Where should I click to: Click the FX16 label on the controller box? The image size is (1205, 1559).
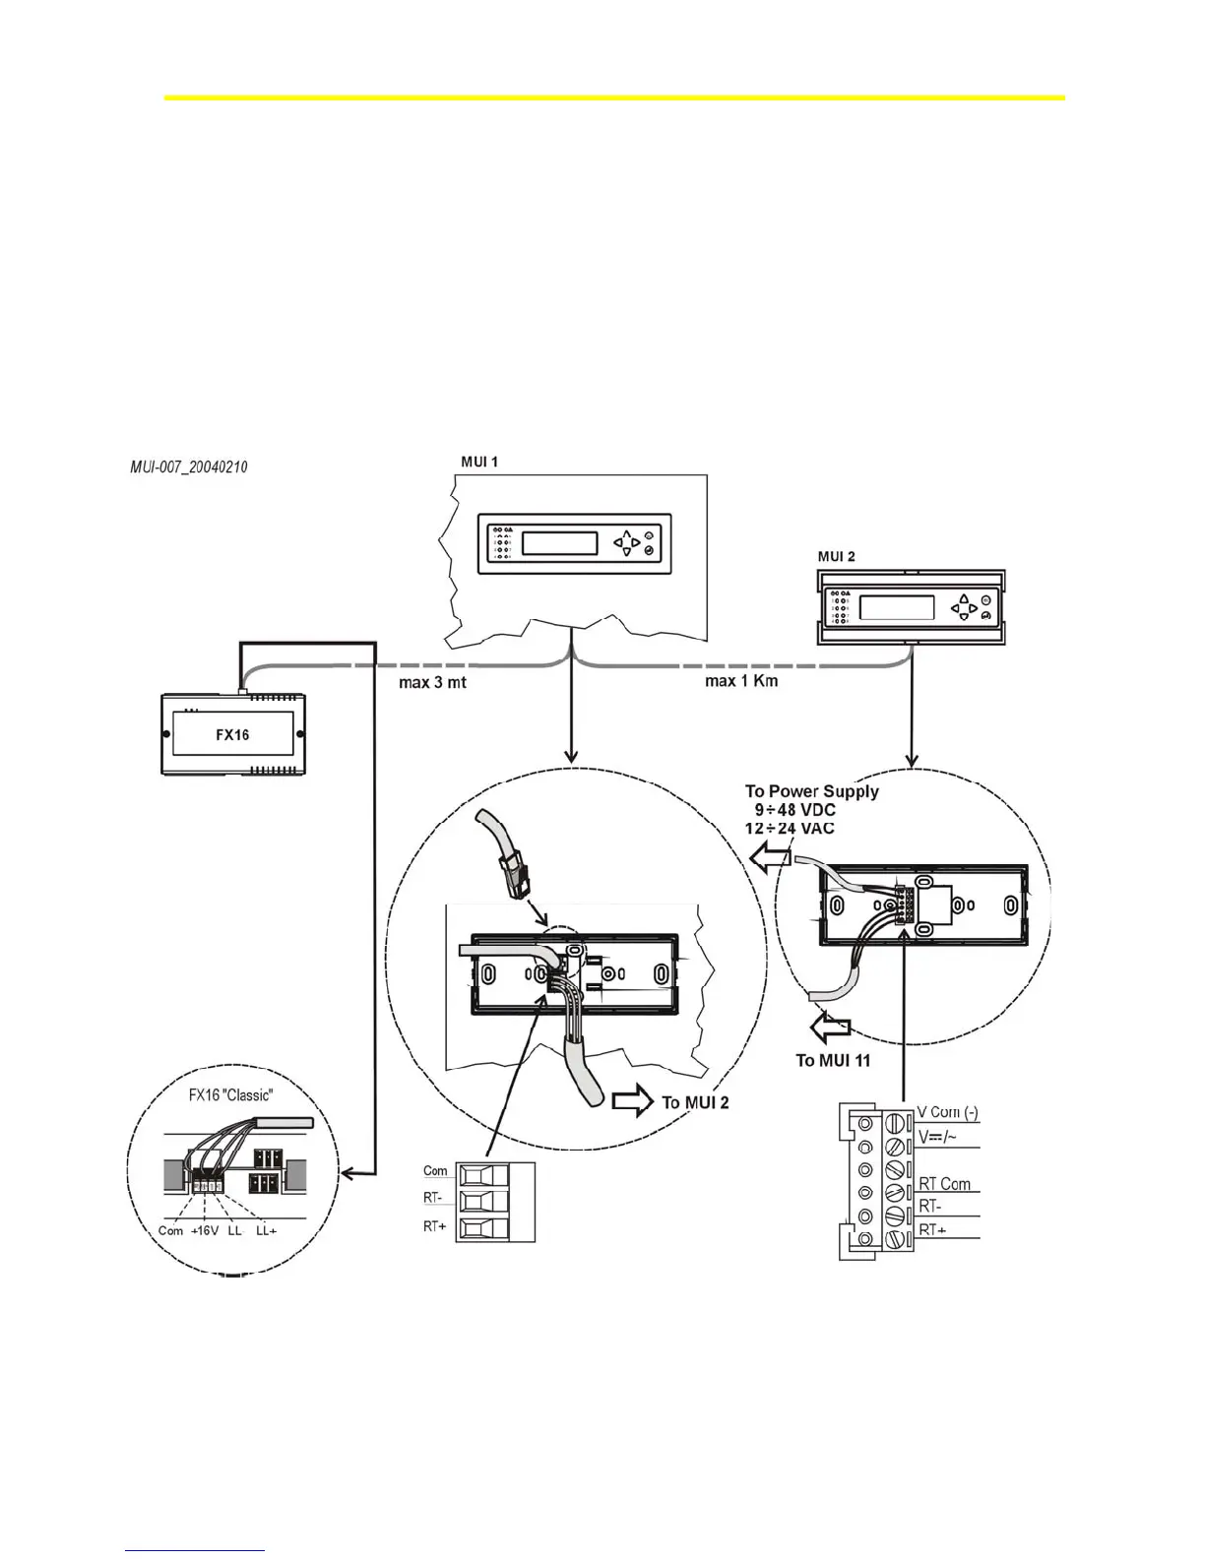coord(232,734)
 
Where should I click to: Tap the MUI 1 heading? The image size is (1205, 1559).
coord(479,462)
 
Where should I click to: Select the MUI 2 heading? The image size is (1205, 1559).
coord(837,556)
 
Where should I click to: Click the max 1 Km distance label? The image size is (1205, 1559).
coord(741,680)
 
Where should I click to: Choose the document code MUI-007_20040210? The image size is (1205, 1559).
coord(189,466)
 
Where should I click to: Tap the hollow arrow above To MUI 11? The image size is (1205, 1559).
coord(828,1030)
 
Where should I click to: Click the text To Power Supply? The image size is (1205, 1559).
coord(811,791)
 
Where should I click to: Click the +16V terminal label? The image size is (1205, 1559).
coord(205,1231)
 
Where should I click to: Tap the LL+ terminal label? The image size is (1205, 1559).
coord(266,1231)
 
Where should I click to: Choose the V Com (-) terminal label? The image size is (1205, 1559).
coord(947,1113)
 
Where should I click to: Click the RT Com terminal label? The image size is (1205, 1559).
coord(944,1184)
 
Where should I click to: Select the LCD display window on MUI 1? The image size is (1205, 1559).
coord(559,543)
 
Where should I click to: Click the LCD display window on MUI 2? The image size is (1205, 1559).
coord(896,606)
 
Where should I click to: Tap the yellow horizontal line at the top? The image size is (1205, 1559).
coord(614,97)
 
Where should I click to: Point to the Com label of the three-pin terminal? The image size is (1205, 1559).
coord(435,1171)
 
